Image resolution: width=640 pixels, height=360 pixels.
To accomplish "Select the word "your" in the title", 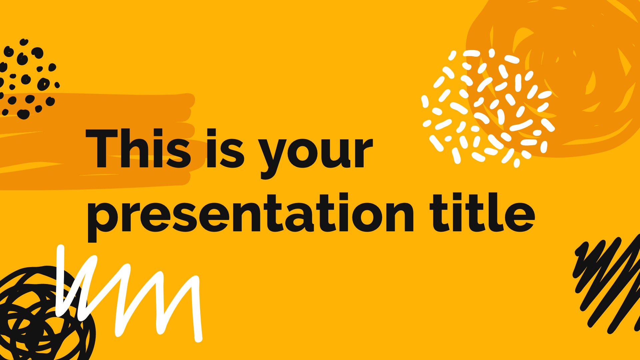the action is (316, 154).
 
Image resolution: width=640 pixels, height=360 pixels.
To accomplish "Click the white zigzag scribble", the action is (130, 293).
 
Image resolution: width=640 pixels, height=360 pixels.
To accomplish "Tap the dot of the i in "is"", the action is (212, 133).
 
